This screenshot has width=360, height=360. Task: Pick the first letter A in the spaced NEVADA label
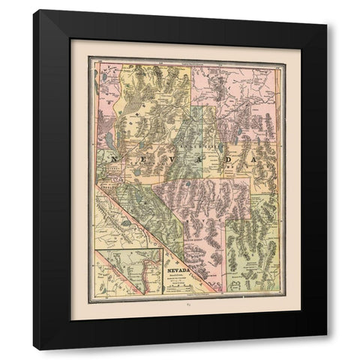point(202,160)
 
